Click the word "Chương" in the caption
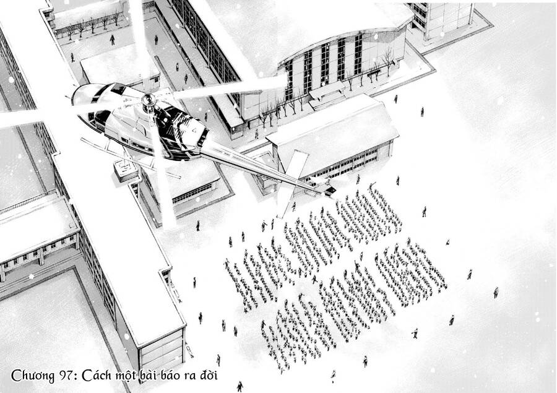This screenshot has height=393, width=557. coord(32,376)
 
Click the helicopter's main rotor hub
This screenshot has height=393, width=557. coord(149,100)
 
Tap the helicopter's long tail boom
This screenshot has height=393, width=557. coord(259,167)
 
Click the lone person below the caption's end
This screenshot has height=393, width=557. coord(240,387)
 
